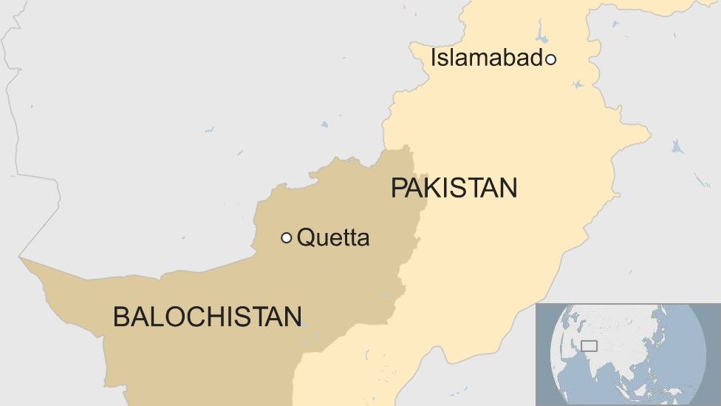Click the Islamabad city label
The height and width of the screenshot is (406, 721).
[487, 58]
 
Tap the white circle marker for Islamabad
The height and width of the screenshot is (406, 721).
[550, 59]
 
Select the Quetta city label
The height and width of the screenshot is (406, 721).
[332, 238]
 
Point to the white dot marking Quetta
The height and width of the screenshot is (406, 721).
[287, 237]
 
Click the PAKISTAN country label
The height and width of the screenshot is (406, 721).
[454, 188]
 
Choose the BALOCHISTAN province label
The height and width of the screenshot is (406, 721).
[207, 317]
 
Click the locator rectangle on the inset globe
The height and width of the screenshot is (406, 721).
[589, 345]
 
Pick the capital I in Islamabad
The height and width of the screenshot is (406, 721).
[434, 58]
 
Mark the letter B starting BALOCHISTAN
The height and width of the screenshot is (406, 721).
[120, 317]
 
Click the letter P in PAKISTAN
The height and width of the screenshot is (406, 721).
[398, 188]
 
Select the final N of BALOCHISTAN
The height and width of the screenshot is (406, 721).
[293, 317]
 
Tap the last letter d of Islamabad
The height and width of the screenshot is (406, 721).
[536, 58]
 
